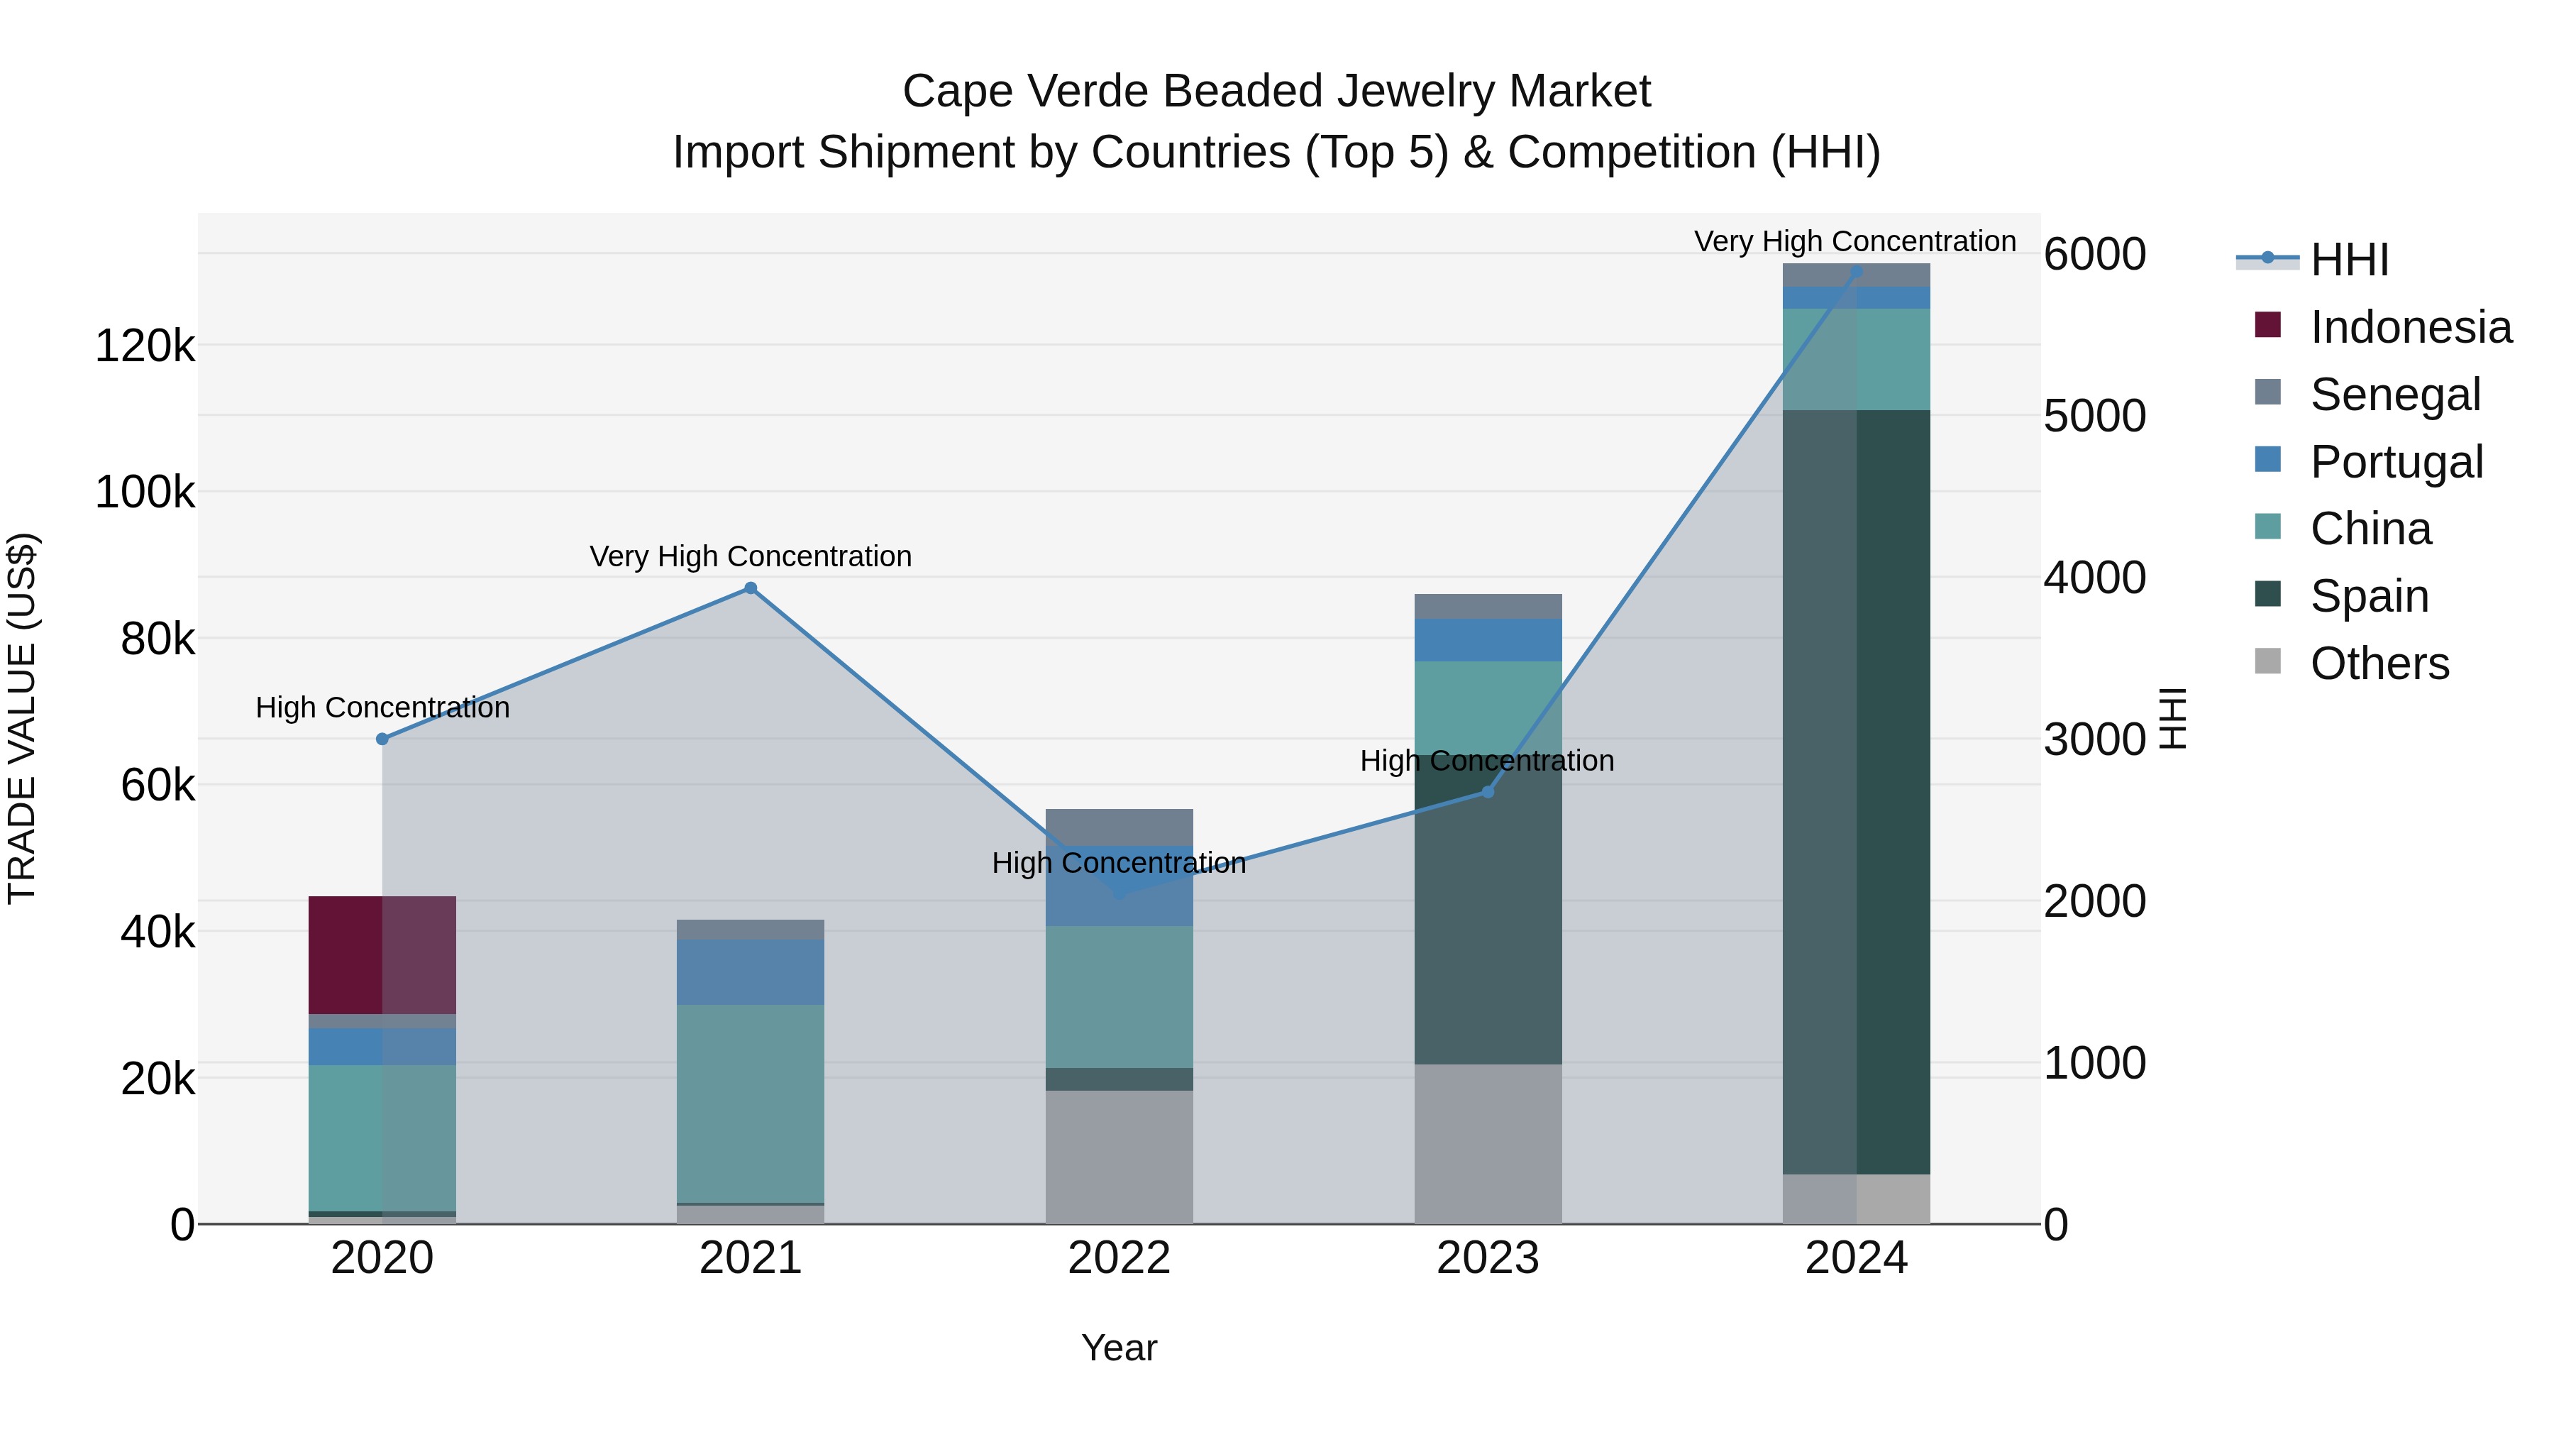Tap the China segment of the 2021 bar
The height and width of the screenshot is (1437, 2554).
[750, 1103]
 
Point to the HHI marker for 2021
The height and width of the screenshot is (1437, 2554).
[751, 588]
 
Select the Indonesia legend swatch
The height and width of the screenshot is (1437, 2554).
[2267, 325]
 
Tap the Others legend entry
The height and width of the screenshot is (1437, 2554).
[2379, 664]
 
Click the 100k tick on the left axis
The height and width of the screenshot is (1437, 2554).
[145, 492]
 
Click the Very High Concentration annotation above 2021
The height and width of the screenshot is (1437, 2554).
[751, 556]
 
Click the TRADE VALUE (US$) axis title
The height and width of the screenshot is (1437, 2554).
[22, 718]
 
